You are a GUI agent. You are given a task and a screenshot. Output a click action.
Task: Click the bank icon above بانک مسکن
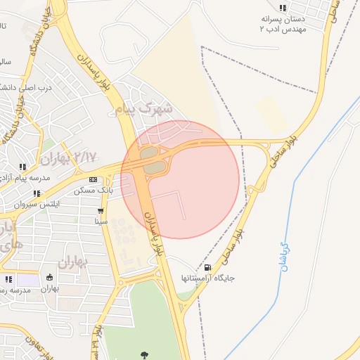(x=94, y=180)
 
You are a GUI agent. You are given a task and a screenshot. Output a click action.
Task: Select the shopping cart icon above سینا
(x=101, y=211)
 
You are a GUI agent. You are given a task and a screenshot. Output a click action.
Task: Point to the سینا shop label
(x=101, y=221)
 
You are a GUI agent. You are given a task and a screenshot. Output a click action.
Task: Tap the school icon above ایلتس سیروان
(x=37, y=193)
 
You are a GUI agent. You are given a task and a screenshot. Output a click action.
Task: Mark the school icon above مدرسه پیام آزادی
(x=22, y=167)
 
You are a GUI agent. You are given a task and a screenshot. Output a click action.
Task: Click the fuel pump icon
(x=207, y=267)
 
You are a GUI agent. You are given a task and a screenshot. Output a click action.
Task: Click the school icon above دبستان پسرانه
(x=283, y=7)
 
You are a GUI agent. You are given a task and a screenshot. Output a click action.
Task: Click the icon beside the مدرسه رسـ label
(x=8, y=279)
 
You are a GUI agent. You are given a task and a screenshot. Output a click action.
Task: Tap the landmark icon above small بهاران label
(x=49, y=278)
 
